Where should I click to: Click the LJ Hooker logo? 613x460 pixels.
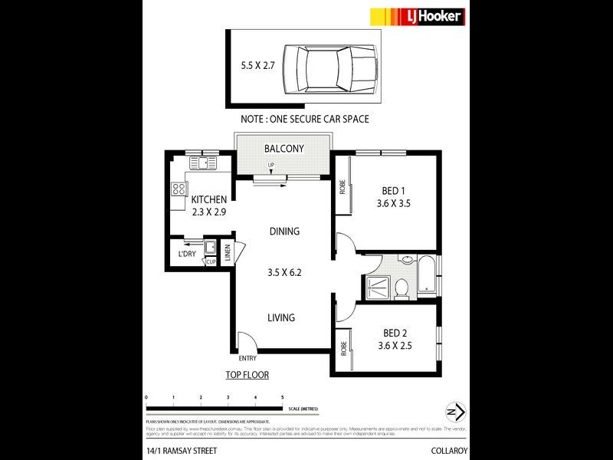point(417,16)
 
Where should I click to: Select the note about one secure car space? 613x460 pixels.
point(304,120)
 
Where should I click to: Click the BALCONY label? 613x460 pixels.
point(284,149)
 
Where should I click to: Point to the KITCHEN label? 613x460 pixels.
point(208,199)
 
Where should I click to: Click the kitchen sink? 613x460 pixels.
point(203,163)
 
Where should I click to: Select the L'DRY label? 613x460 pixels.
point(186,254)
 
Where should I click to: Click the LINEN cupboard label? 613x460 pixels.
point(227,251)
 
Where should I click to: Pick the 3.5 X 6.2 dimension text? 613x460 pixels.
point(284,271)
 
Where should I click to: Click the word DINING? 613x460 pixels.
point(284,232)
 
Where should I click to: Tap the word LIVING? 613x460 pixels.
point(281,317)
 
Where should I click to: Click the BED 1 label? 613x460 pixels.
point(395,191)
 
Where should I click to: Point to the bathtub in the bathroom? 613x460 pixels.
point(426,277)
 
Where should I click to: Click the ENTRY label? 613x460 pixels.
point(248,358)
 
